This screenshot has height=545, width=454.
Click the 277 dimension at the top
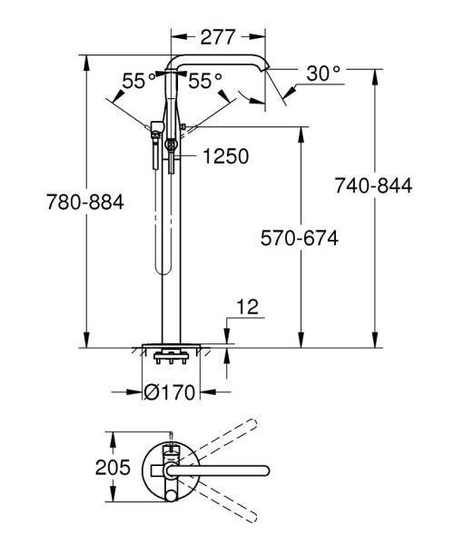coord(218,37)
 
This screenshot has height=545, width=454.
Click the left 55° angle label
coord(139,81)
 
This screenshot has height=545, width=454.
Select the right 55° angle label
coord(205,81)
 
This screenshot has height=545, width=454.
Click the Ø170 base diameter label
coord(171,392)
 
